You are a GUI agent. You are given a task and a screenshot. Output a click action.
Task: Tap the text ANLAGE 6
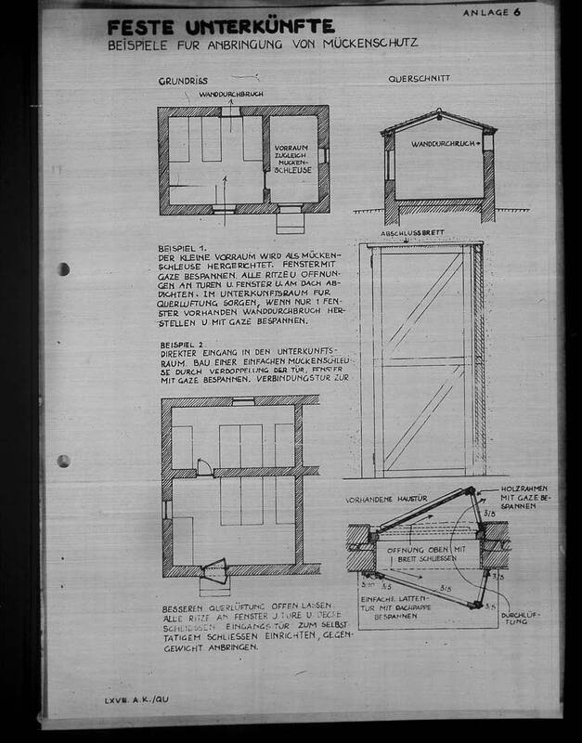[493, 13]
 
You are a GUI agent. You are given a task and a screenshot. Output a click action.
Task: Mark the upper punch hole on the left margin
[63, 269]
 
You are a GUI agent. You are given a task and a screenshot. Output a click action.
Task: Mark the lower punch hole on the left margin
[63, 461]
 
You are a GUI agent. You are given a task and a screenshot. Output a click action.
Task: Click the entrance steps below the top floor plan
[290, 222]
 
